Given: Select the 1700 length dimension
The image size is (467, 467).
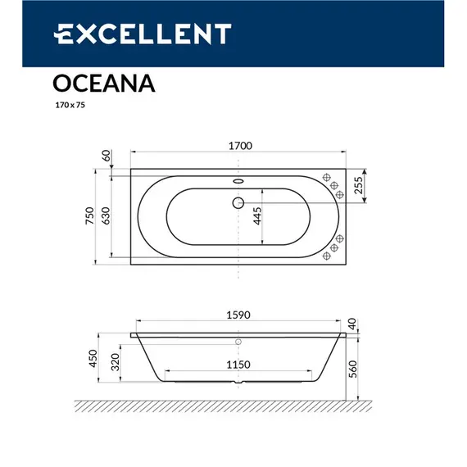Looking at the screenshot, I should pyautogui.click(x=238, y=147).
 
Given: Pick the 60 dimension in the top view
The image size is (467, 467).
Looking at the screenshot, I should pyautogui.click(x=106, y=156).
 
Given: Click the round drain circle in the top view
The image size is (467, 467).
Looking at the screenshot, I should pyautogui.click(x=238, y=202).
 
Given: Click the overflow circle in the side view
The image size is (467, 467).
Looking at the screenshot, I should pyautogui.click(x=238, y=342).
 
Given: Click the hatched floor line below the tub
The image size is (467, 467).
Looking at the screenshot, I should pyautogui.click(x=221, y=405).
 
